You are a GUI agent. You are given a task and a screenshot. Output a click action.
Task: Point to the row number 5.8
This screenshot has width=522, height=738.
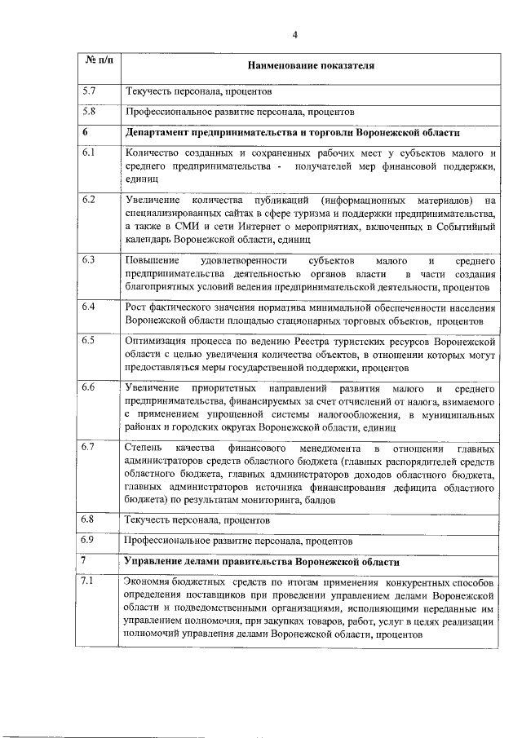click(90, 110)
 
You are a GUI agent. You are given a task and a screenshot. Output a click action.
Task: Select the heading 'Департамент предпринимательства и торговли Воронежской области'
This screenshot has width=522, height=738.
click(293, 133)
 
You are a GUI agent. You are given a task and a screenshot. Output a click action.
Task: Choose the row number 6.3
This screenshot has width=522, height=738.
click(90, 259)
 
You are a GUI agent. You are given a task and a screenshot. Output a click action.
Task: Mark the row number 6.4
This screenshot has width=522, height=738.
click(90, 306)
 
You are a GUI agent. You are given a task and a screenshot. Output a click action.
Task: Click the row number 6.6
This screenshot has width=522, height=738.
click(90, 386)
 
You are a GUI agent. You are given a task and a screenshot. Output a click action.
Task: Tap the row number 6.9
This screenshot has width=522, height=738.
click(90, 539)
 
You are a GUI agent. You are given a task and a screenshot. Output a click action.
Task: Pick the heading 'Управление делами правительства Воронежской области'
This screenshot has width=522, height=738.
click(263, 563)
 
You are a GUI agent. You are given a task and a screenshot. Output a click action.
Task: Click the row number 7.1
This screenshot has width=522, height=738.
click(90, 581)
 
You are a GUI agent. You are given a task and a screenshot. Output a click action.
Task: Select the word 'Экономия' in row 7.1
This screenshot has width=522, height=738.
click(148, 582)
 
